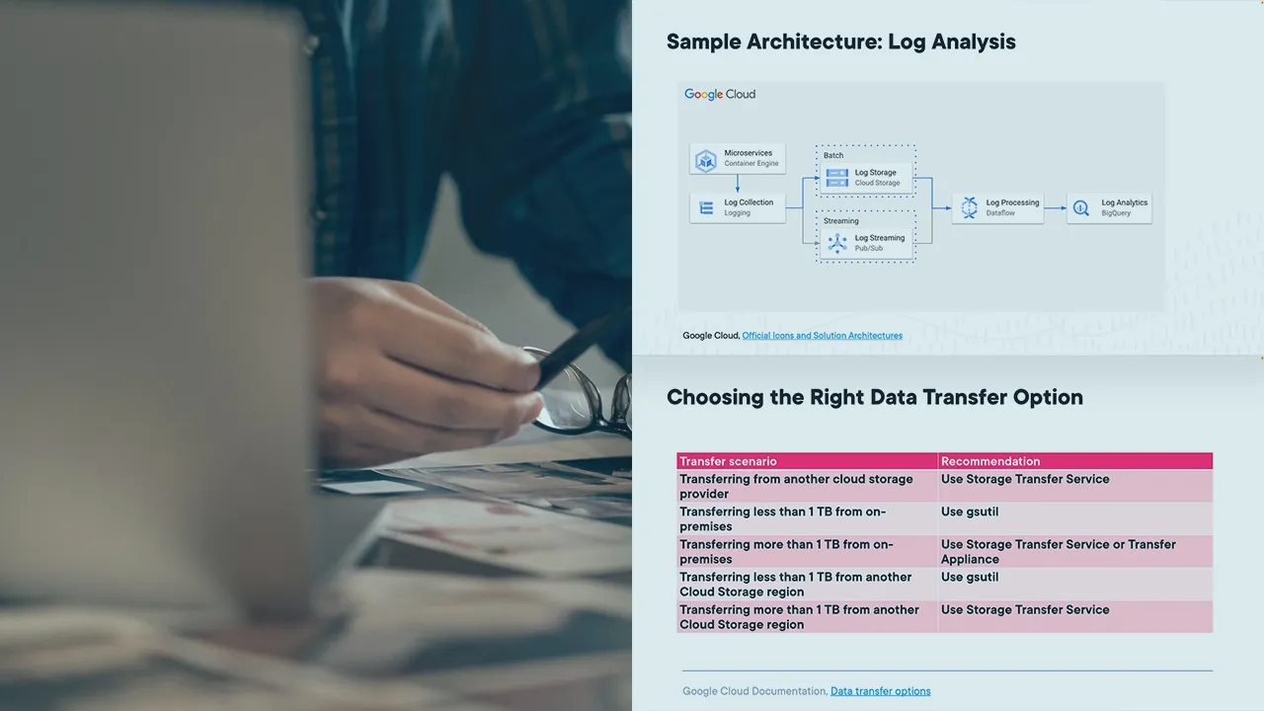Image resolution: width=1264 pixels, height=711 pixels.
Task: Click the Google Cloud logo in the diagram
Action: [x=720, y=94]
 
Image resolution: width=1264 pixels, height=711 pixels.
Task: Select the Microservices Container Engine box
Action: [x=737, y=159]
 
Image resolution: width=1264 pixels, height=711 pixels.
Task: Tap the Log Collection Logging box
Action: [x=737, y=207]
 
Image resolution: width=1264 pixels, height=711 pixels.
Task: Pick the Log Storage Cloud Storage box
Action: [x=866, y=178]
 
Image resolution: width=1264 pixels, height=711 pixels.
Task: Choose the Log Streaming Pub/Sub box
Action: [x=866, y=243]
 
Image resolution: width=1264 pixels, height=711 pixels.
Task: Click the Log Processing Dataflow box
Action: [x=997, y=207]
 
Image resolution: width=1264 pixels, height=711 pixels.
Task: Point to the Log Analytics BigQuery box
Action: [x=1109, y=207]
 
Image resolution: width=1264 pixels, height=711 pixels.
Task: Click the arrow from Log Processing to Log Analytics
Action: [x=1056, y=207]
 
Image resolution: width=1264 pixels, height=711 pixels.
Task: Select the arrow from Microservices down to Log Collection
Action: [x=738, y=183]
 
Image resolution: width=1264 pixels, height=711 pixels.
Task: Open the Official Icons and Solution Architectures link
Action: [x=823, y=335]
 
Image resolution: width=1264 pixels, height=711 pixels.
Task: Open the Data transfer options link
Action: [x=880, y=690]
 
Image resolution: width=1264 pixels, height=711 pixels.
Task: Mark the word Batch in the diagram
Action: [x=833, y=155]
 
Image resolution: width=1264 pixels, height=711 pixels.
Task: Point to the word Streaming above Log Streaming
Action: [x=840, y=220]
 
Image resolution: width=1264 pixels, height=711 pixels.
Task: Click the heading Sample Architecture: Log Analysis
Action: [x=840, y=41]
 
